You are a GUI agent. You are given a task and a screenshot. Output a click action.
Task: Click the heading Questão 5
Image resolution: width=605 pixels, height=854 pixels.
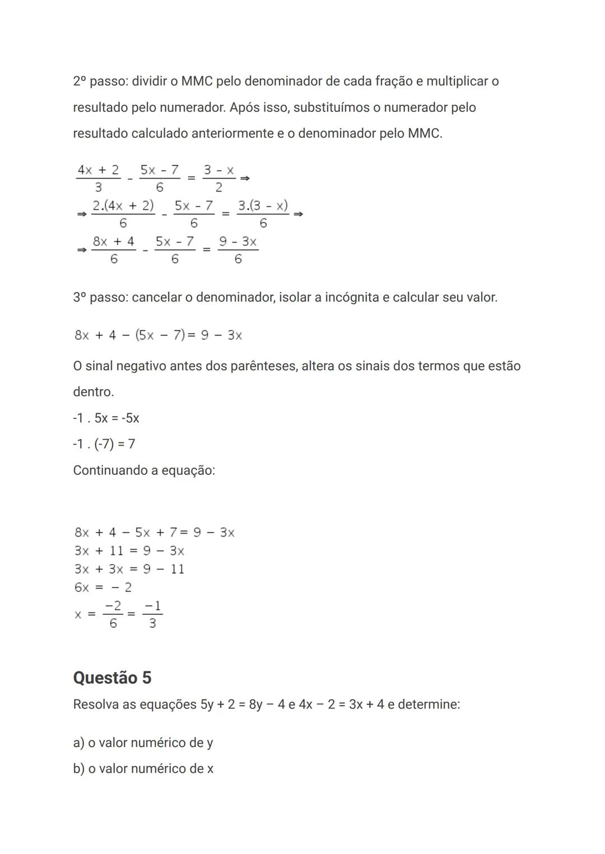112,678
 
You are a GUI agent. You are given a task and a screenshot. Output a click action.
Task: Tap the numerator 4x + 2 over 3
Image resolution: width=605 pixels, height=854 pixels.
98,170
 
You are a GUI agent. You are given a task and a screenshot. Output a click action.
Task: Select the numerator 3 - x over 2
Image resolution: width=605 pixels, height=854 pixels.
218,170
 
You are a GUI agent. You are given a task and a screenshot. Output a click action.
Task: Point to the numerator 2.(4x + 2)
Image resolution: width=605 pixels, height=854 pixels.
123,206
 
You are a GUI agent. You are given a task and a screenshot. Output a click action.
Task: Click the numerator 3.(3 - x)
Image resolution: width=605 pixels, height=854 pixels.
263,206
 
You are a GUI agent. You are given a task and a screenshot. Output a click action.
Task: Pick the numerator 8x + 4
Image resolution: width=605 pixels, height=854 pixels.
114,241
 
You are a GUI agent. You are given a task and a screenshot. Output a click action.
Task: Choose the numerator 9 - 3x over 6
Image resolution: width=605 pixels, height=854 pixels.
238,241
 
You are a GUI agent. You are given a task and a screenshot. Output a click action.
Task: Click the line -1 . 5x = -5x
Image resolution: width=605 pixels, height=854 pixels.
106,418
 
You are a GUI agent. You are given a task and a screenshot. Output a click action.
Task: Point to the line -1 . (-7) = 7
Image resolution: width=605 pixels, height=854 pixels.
104,444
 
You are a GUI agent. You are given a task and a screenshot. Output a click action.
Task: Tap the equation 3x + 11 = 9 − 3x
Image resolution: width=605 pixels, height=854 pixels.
129,551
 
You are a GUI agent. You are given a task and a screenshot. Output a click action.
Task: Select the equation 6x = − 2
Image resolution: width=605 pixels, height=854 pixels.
103,587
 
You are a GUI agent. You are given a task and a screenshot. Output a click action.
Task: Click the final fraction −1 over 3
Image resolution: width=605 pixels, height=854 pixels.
152,614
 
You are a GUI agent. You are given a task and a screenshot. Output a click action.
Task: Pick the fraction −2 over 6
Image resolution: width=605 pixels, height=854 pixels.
113,614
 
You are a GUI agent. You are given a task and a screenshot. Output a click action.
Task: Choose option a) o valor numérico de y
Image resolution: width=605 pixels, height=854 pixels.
143,743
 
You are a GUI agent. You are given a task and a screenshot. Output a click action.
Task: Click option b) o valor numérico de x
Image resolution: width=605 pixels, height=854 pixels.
143,769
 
